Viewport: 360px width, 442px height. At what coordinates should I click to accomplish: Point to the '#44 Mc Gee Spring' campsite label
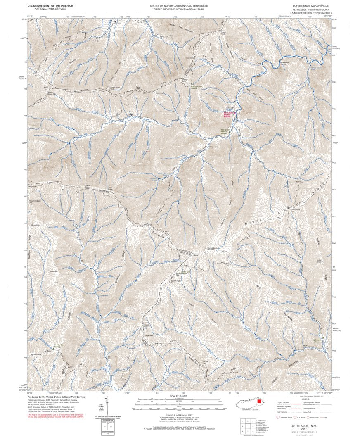(x=61, y=345)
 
